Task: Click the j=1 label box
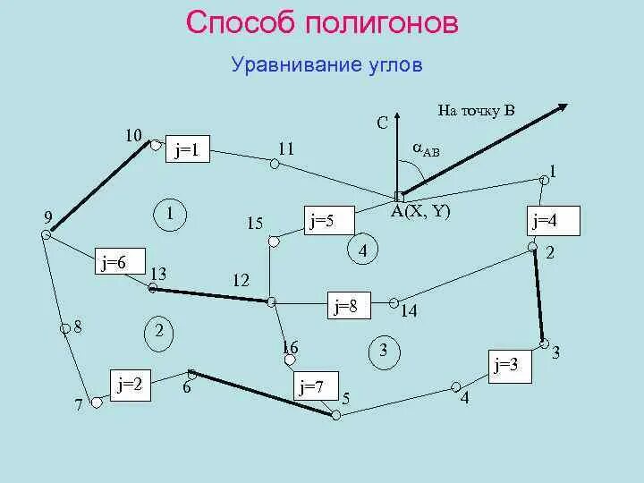(187, 152)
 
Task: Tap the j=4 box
(555, 220)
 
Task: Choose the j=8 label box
(346, 306)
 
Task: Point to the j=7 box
(312, 387)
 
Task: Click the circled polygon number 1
(170, 214)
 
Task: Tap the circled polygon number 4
(363, 251)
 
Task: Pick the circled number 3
(384, 351)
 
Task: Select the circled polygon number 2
(158, 332)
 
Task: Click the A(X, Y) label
(420, 212)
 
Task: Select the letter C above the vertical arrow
(382, 124)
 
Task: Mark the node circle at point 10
(155, 144)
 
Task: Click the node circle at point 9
(45, 234)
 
